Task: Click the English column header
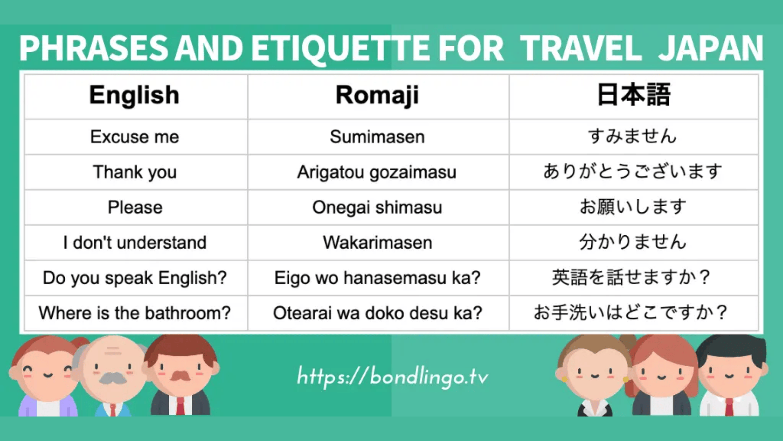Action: (134, 95)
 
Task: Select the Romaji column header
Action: (377, 95)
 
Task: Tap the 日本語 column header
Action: (633, 95)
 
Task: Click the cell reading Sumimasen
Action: (377, 137)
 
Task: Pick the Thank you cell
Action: (135, 172)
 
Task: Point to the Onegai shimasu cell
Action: (377, 207)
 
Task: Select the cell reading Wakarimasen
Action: (377, 243)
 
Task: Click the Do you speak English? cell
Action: (135, 278)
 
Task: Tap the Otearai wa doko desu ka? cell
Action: (377, 313)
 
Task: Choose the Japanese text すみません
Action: (633, 136)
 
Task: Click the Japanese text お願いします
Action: (633, 207)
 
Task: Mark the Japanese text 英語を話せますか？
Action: (632, 278)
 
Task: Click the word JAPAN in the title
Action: (710, 48)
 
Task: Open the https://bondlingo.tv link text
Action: (392, 376)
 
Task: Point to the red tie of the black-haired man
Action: (729, 406)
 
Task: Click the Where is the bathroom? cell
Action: (135, 313)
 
